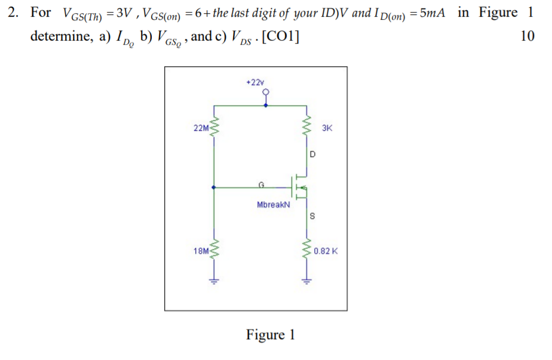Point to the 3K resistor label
click(x=327, y=128)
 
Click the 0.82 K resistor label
click(x=326, y=251)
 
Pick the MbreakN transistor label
click(x=273, y=205)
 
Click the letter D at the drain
click(x=312, y=155)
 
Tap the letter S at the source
click(x=312, y=216)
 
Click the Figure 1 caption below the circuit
click(x=270, y=334)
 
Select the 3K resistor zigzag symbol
click(x=308, y=126)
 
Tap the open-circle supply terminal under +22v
click(x=266, y=93)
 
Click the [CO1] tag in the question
click(x=278, y=36)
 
